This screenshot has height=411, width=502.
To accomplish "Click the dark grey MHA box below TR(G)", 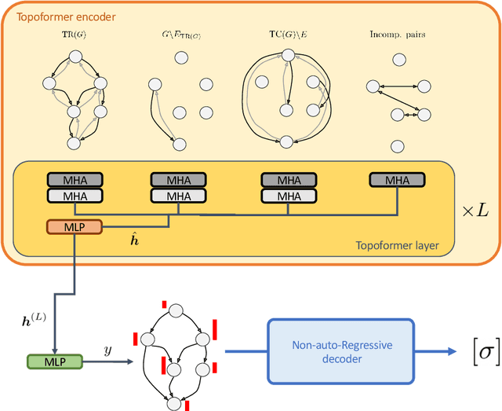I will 74,181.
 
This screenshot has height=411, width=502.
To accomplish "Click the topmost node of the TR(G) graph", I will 75,56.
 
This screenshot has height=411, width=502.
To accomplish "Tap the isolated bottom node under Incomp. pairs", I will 397,145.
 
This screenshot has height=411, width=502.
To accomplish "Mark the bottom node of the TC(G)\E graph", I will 286,142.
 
